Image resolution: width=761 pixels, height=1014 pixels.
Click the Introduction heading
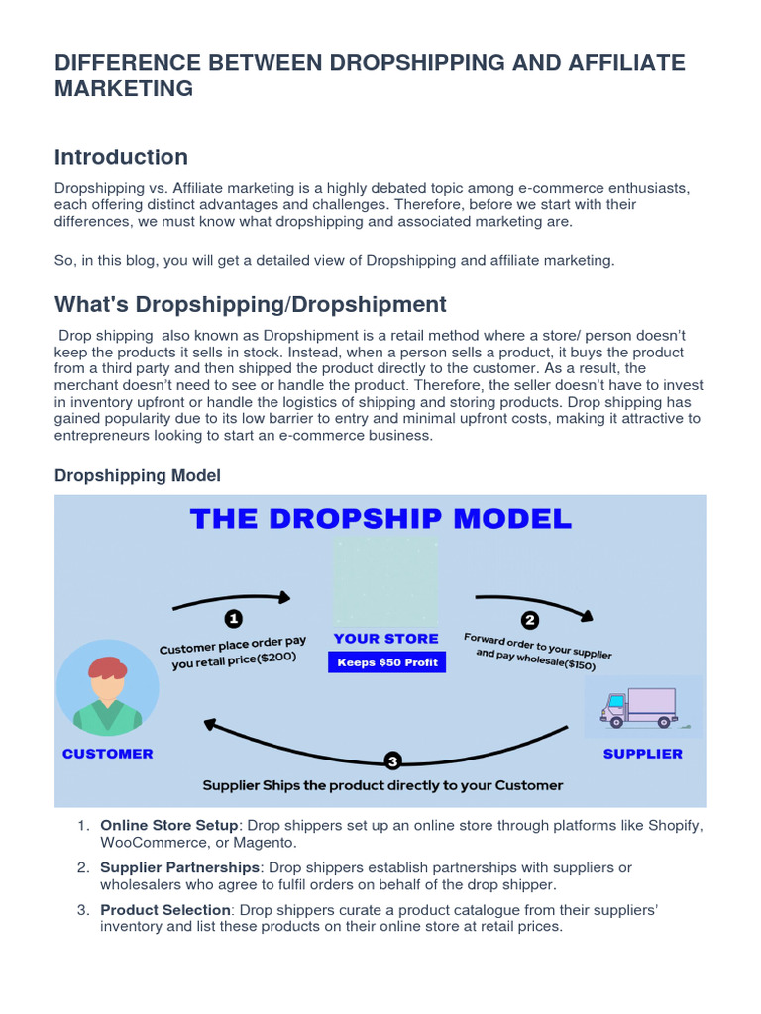tap(121, 157)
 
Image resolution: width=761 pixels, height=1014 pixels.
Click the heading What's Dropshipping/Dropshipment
tap(251, 304)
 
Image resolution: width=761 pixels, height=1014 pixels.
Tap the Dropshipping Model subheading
tap(137, 476)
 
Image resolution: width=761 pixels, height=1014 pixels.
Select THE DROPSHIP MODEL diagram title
tap(380, 518)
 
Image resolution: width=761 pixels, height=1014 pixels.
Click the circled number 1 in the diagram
tap(234, 619)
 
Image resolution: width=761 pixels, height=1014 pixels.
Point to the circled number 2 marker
tap(530, 621)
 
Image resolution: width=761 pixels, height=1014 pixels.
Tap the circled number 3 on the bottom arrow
tap(393, 761)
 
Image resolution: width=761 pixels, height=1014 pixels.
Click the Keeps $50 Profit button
tap(387, 662)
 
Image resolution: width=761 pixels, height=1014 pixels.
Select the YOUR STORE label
tap(386, 639)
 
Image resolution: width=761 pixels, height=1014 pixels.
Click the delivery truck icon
tap(639, 707)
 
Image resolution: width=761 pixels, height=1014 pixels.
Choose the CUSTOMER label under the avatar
tap(107, 754)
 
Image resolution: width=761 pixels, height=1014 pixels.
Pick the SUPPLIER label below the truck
tap(643, 754)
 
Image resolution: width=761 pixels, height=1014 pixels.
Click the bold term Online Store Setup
tap(169, 825)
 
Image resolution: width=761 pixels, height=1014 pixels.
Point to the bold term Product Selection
tap(165, 910)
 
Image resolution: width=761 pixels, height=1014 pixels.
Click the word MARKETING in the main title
tap(124, 88)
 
